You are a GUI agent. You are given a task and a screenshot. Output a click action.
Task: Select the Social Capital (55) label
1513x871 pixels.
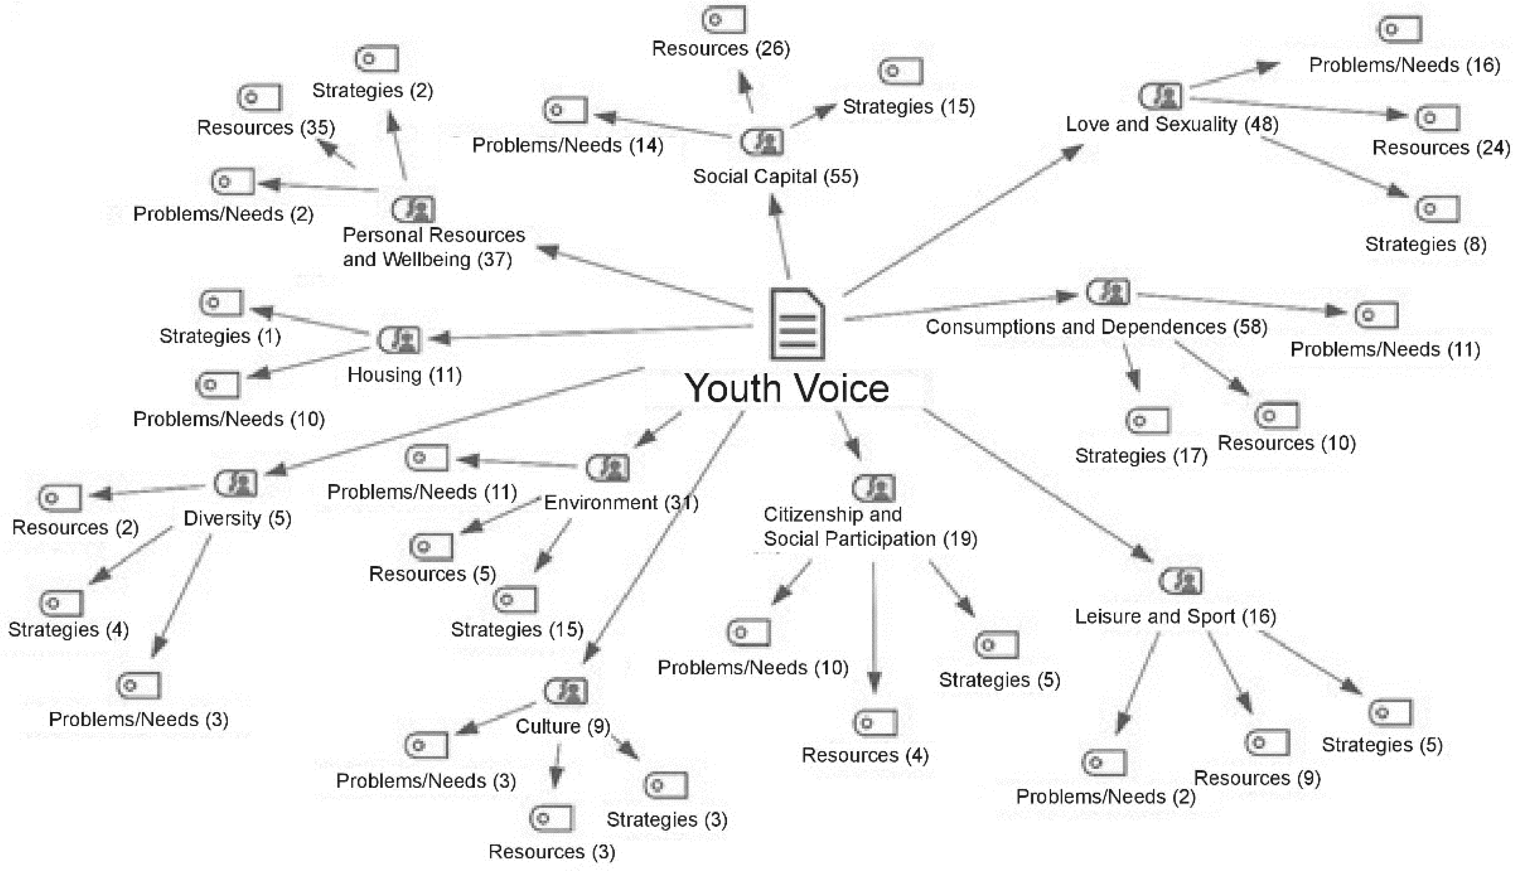click(x=775, y=176)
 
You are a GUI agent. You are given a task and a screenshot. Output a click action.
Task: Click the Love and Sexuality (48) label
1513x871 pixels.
click(x=1172, y=124)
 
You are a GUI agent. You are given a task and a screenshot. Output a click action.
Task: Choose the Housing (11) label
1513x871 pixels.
click(x=405, y=375)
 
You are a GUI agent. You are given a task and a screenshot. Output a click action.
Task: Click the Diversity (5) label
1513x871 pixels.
click(x=237, y=518)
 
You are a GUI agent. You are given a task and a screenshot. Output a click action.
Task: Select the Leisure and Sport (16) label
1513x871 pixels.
click(x=1175, y=616)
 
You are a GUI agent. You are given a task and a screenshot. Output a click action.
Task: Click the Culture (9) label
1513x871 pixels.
click(x=563, y=726)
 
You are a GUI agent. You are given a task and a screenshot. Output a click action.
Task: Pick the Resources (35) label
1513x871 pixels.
click(x=266, y=127)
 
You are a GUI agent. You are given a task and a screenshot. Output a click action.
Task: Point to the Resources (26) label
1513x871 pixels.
click(x=721, y=48)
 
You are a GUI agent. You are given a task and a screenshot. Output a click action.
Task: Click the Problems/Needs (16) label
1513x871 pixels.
click(x=1404, y=65)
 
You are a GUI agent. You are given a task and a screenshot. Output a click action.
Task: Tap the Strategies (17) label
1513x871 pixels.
click(x=1141, y=456)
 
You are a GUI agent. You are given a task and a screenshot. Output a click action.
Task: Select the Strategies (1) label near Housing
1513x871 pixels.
click(x=219, y=336)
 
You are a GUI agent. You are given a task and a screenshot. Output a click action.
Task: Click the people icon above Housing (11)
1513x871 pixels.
click(x=399, y=339)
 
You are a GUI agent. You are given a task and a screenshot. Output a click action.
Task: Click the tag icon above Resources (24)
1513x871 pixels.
click(x=1437, y=118)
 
